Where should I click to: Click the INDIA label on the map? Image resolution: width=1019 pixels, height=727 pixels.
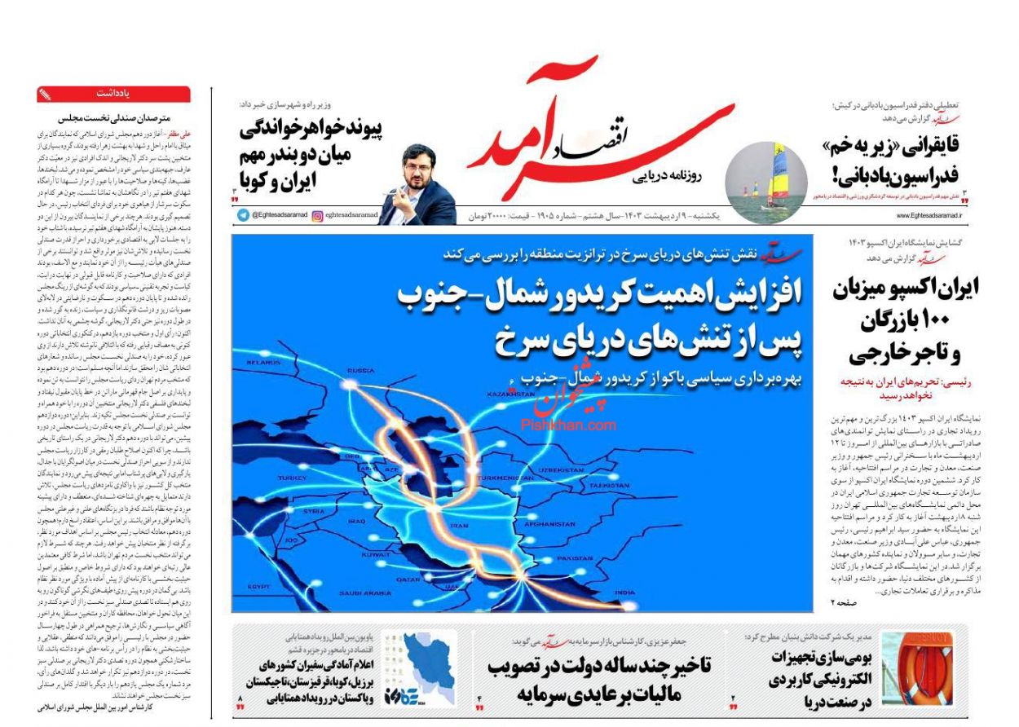coord(624,593)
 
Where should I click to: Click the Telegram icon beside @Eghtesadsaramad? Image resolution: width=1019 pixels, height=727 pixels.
coord(243,215)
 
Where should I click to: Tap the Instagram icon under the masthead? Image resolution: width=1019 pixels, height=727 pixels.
coord(318,215)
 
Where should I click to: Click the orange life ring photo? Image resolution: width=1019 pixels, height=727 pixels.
coord(916,669)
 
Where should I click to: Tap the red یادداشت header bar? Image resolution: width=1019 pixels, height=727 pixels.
coord(113,94)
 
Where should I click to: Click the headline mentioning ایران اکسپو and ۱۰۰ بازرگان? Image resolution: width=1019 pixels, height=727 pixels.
coord(906,320)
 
